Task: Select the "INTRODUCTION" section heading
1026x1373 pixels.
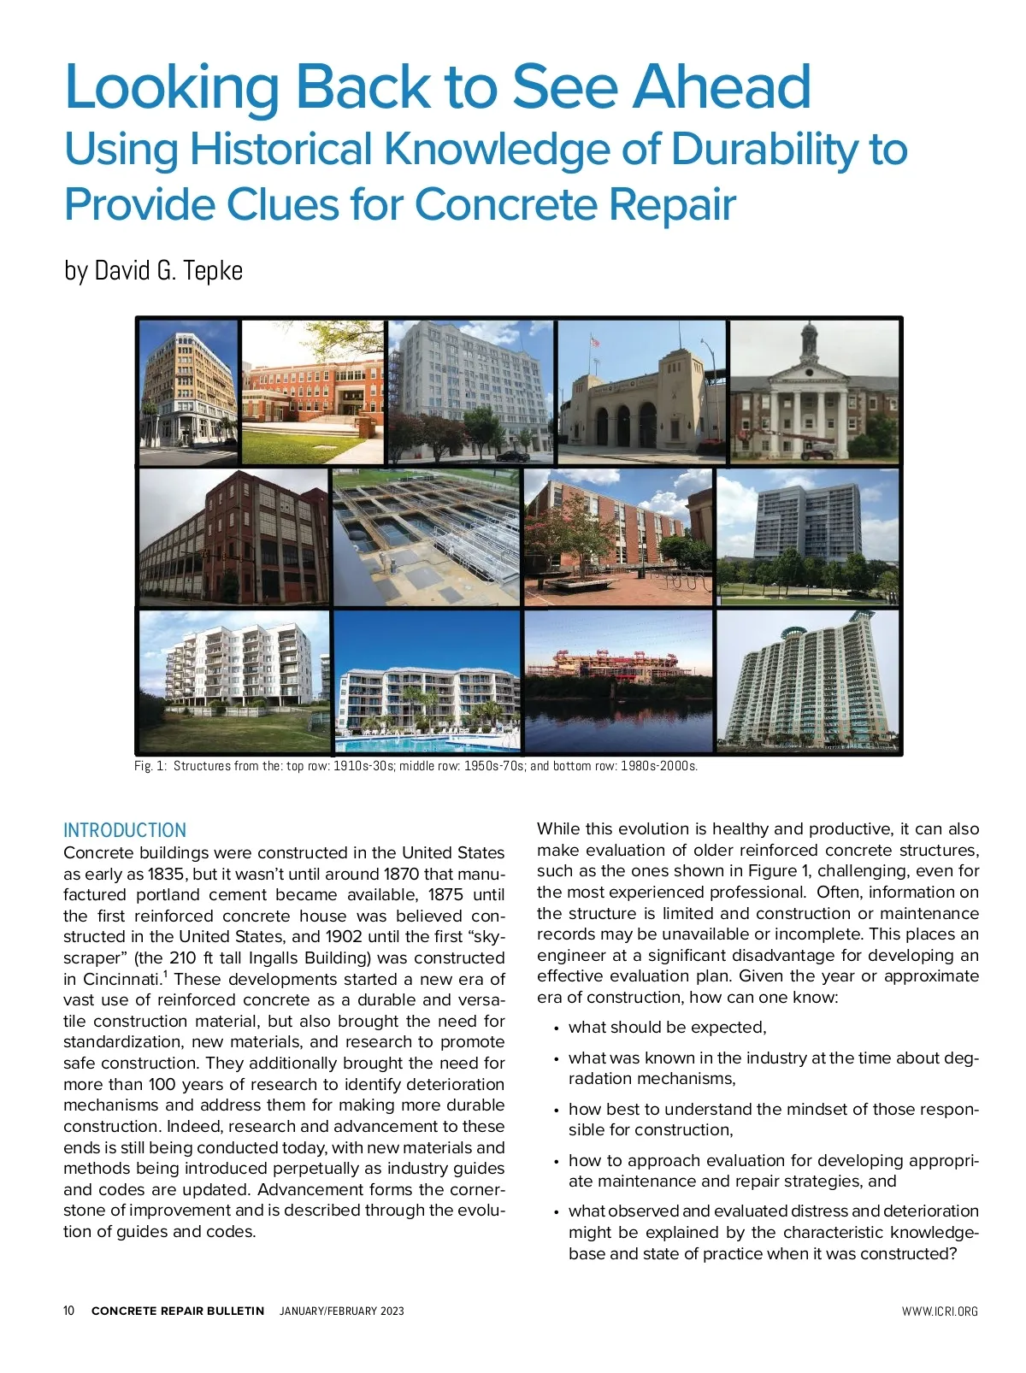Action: [x=125, y=830]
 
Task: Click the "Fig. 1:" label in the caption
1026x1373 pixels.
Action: [x=150, y=766]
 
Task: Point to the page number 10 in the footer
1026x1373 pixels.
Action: [x=69, y=1311]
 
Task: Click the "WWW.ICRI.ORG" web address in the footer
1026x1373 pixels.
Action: [x=940, y=1311]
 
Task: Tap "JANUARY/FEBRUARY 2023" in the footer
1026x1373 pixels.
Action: [x=342, y=1311]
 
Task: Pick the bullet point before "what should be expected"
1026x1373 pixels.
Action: [x=557, y=1028]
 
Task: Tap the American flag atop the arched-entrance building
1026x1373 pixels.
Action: [x=595, y=342]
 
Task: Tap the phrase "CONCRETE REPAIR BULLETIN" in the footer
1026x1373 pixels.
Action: [x=178, y=1311]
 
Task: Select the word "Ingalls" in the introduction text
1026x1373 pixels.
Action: [x=274, y=958]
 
